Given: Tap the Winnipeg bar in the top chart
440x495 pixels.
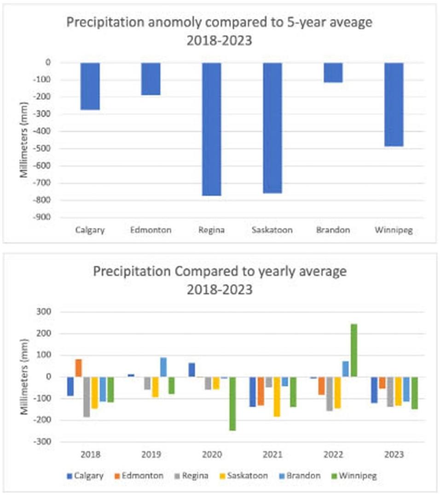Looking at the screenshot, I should click(x=394, y=105).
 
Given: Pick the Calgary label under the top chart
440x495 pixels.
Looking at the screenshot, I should click(x=90, y=230).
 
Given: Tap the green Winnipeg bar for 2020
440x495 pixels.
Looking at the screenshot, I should click(x=233, y=403).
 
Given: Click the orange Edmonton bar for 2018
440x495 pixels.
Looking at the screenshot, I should click(x=78, y=368).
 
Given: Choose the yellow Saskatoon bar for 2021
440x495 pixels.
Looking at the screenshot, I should click(x=277, y=396).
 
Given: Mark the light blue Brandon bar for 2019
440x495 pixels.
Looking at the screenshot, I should click(x=163, y=367).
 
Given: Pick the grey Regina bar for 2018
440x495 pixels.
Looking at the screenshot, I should click(x=87, y=396).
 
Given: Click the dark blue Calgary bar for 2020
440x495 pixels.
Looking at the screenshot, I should click(x=191, y=370).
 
